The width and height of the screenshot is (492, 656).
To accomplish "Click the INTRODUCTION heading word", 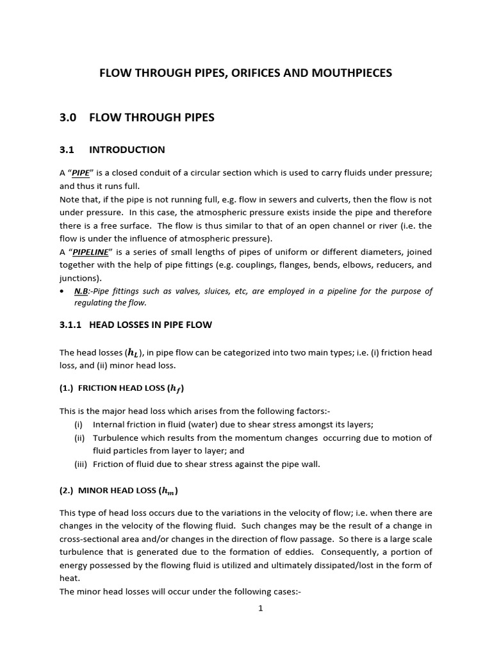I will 127,150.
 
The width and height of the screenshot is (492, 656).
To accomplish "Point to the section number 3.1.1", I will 70,325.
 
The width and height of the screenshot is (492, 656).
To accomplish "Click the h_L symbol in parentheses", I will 134,352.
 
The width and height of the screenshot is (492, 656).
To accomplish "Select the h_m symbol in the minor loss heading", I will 168,491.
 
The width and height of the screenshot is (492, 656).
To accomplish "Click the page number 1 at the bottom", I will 261,608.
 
